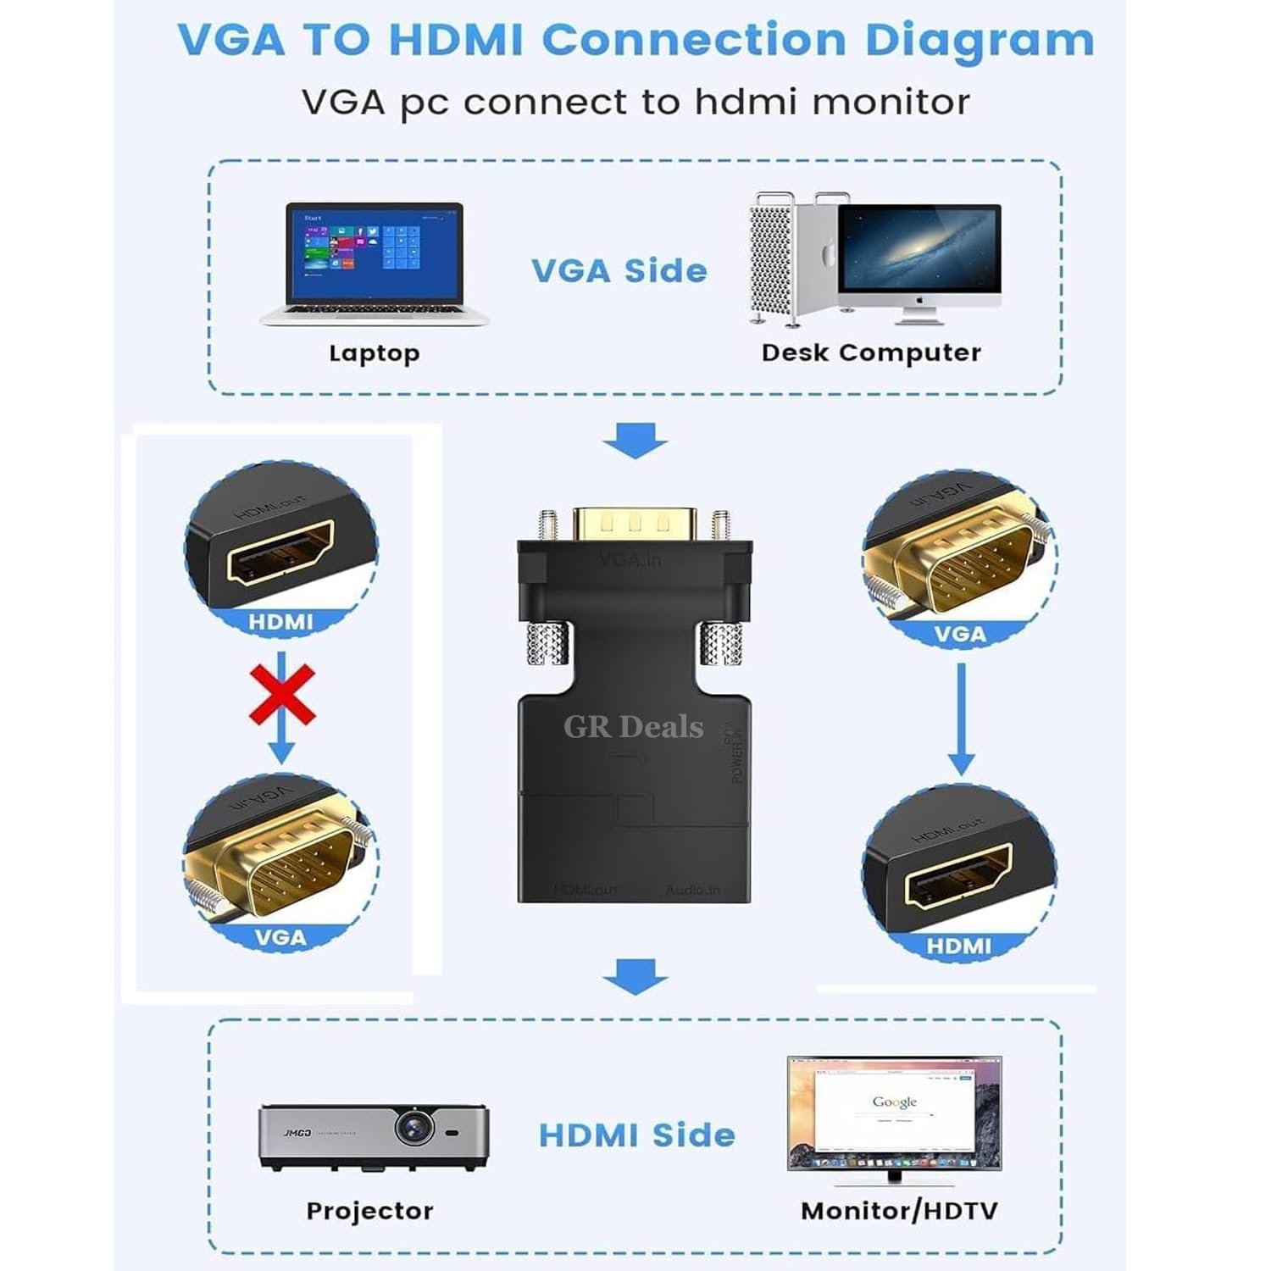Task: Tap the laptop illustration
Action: click(375, 263)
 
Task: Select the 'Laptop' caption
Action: click(374, 352)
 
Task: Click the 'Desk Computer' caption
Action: click(871, 352)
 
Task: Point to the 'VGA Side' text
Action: click(619, 271)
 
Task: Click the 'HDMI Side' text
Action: click(636, 1135)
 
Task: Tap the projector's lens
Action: click(414, 1126)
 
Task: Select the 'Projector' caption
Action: click(369, 1211)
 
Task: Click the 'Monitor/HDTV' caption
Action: click(899, 1211)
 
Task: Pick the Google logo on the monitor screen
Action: click(894, 1102)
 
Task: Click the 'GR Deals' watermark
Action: click(634, 727)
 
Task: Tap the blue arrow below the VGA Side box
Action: click(635, 441)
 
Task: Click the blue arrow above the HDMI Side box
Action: click(635, 976)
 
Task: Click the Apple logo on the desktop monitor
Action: click(919, 300)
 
